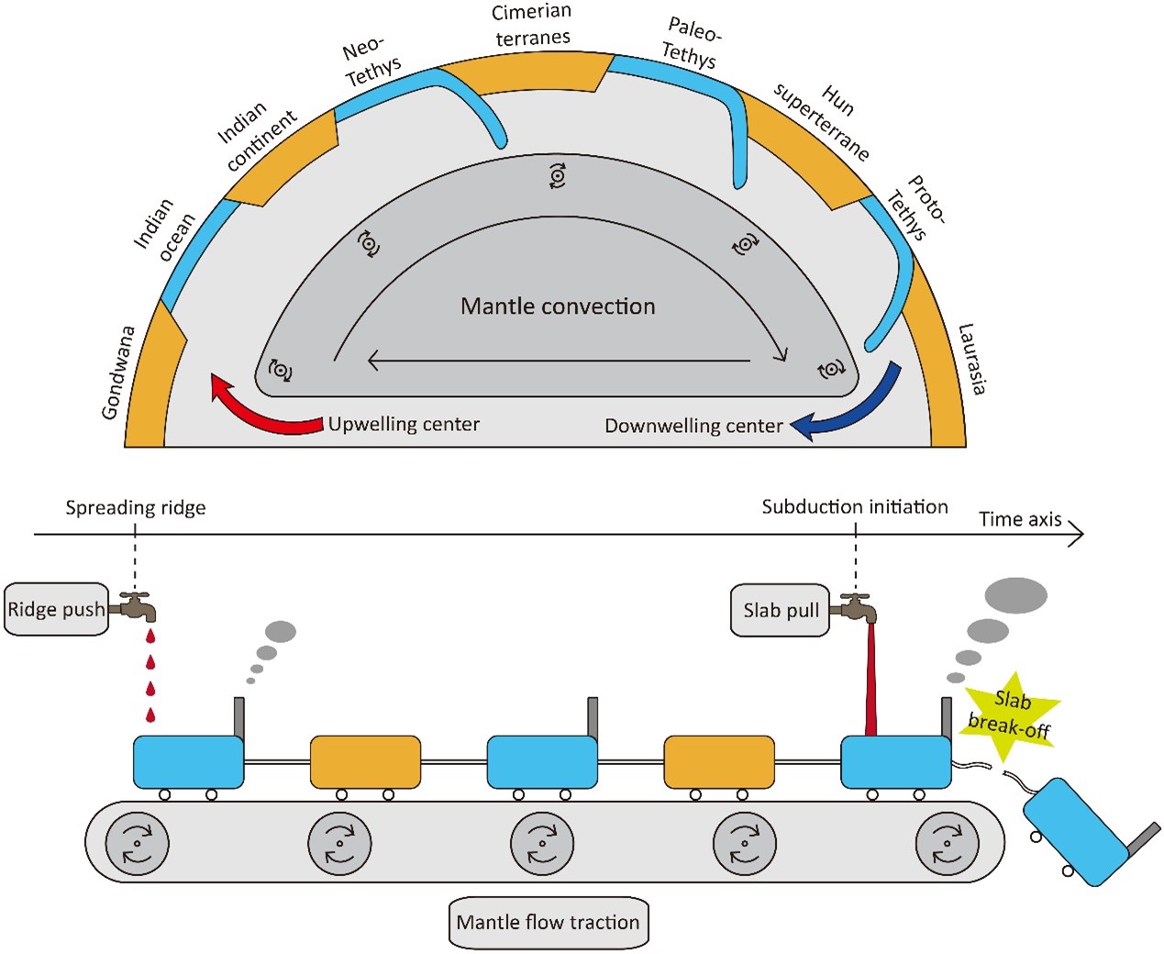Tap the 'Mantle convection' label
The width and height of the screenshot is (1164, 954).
pos(558,305)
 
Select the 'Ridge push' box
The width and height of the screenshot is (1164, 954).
pos(56,609)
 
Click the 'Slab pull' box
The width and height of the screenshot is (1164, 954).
pos(781,611)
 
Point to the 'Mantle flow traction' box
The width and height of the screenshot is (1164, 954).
pos(548,923)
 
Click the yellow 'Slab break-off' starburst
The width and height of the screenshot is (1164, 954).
pos(1010,715)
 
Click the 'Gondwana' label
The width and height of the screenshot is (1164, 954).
pos(118,372)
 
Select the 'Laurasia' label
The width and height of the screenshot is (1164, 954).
pos(972,360)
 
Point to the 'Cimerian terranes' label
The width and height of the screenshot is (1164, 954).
pos(532,25)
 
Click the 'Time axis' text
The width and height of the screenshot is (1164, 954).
pos(1020,519)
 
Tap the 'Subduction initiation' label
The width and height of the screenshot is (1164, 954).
pos(855,506)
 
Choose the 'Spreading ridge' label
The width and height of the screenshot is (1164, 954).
pos(136,508)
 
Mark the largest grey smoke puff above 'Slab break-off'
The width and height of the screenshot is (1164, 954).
pos(1016,595)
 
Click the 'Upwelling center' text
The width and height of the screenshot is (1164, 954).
pos(404,425)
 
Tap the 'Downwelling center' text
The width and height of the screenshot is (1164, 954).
pos(693,426)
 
